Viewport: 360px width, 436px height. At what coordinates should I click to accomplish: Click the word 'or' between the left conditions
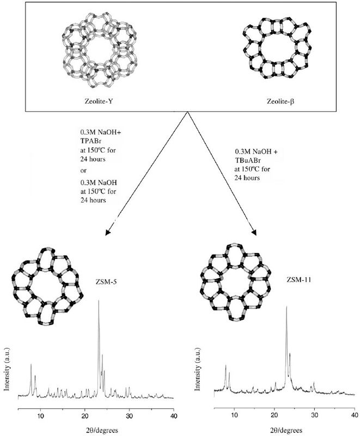(x=83, y=169)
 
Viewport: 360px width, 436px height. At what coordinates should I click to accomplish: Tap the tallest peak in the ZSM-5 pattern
(x=99, y=301)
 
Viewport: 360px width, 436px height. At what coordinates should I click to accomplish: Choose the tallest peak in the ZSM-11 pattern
(x=286, y=308)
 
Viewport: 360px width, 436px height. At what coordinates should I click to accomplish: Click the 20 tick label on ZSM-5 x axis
(x=84, y=415)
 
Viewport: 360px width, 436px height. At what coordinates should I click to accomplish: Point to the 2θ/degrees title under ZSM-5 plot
(x=95, y=431)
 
